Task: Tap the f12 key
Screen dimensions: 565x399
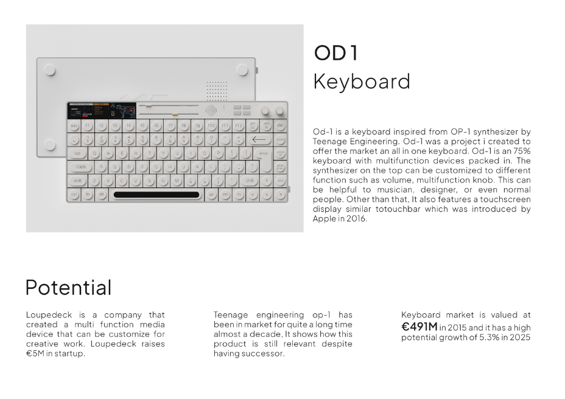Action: tap(239, 126)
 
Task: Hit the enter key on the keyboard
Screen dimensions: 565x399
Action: tap(265, 160)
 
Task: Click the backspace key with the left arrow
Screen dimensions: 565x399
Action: tap(259, 139)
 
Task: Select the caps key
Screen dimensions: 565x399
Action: tap(81, 167)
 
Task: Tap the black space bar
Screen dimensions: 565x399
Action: tap(156, 195)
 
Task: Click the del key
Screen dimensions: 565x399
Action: tap(280, 126)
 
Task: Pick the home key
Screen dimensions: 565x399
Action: tap(280, 139)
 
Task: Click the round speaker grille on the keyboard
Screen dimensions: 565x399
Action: tap(211, 110)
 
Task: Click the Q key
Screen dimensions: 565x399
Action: tap(94, 153)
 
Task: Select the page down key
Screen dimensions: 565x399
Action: tap(280, 167)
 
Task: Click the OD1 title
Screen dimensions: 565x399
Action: tap(336, 52)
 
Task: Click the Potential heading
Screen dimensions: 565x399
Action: tap(68, 287)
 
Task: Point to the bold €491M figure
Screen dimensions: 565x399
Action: tap(419, 327)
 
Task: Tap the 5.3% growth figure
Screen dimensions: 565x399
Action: tap(489, 338)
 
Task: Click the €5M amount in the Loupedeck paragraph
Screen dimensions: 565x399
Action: tap(35, 353)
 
